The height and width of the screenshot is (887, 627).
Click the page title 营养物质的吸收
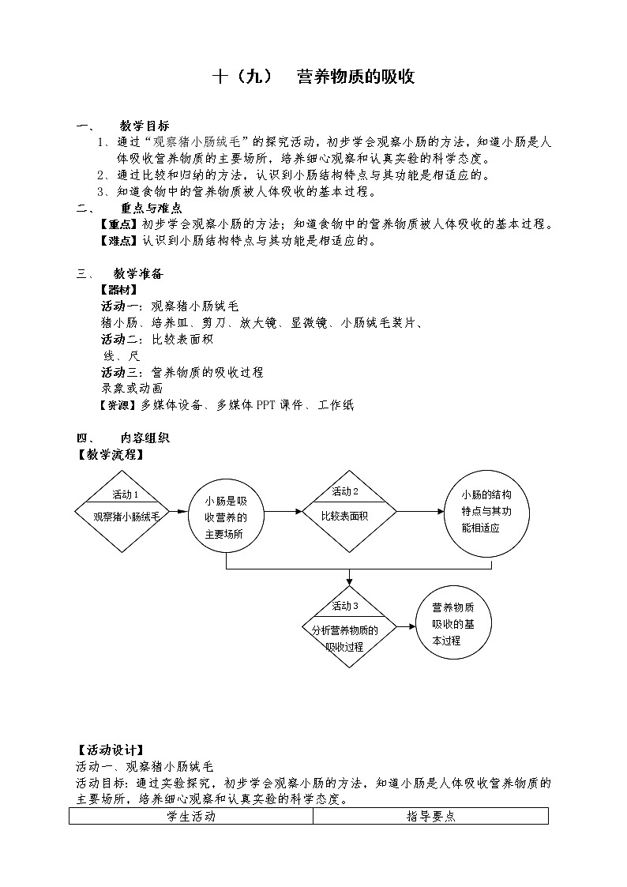(x=355, y=77)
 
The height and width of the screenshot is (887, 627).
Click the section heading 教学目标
(x=145, y=126)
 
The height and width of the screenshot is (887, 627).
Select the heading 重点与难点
(x=152, y=208)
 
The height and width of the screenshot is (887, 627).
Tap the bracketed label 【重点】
(x=118, y=224)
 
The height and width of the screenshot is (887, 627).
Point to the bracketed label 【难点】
(x=118, y=241)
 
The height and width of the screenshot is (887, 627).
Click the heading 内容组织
(x=145, y=438)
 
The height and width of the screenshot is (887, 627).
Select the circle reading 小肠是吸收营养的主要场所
(x=226, y=517)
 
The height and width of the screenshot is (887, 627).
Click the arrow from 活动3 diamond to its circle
(x=404, y=626)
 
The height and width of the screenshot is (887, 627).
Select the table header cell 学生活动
(x=191, y=817)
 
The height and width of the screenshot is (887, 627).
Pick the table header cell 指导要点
(x=430, y=817)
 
